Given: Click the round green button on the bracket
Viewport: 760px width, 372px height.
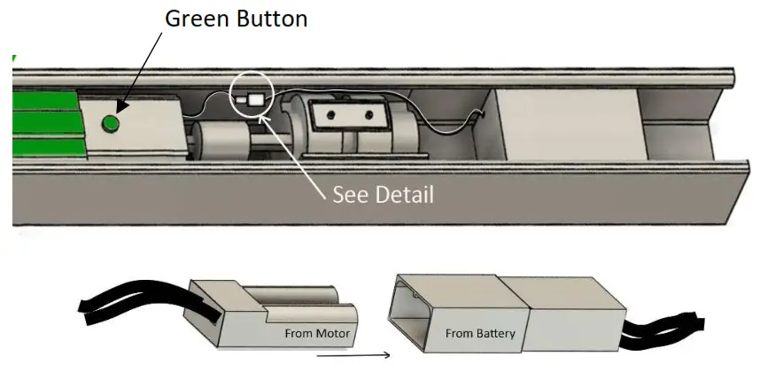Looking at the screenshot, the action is pos(111,124).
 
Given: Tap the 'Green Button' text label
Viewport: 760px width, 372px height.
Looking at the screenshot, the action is pos(236,19).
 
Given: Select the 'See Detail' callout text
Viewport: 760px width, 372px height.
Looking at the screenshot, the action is pos(383,195).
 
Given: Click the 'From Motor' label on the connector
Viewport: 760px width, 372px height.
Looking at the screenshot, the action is pos(317,334).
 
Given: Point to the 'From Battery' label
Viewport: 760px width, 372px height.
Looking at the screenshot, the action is pos(480,334).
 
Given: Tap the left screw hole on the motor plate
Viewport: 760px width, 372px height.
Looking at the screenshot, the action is pos(330,115).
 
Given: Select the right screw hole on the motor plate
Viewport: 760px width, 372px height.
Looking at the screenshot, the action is pos(369,115).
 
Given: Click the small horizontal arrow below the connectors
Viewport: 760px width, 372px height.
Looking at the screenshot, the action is pos(353,355).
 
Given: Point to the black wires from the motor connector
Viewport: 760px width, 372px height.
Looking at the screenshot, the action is pos(145,300).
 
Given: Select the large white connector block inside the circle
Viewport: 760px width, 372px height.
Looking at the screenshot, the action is pos(256,100).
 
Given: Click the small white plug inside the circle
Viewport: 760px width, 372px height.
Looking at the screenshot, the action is pos(241,100).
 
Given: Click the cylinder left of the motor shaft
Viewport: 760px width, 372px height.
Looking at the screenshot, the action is pos(221,140).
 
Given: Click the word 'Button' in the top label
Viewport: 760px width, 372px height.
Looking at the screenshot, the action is pos(273,19).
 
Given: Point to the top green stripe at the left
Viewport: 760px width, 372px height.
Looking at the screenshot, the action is pos(46,101).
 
